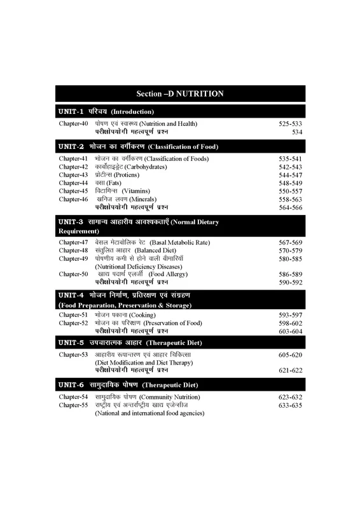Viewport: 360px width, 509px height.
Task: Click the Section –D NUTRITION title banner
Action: (180, 94)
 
